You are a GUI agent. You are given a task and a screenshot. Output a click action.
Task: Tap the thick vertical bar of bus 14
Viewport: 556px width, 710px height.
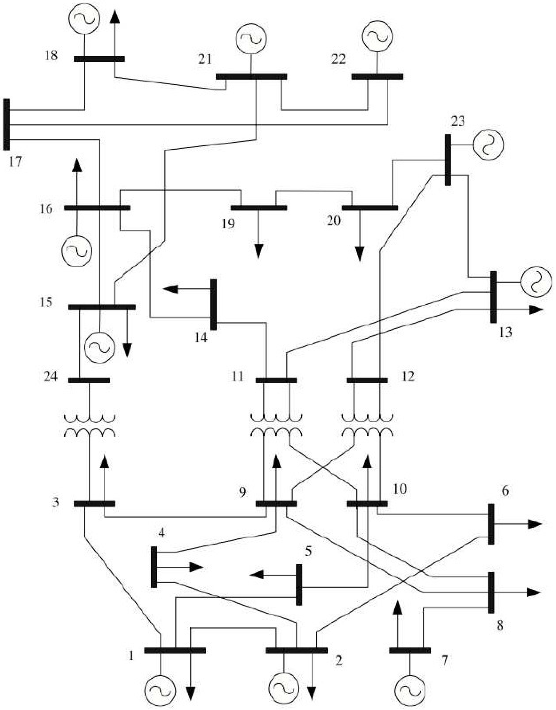(x=214, y=304)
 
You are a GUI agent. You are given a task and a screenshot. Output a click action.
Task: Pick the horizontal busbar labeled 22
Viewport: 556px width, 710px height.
(x=377, y=77)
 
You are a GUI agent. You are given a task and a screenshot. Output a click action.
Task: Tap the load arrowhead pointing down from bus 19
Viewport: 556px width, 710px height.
(x=258, y=251)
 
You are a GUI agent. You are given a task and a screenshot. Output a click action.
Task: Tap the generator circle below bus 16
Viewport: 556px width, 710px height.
(x=77, y=251)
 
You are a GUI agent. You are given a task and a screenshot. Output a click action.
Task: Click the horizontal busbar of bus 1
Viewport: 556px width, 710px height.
(x=175, y=650)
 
